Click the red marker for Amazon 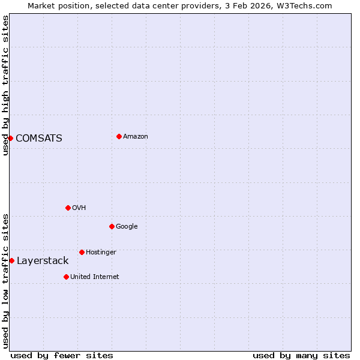pyautogui.click(x=119, y=136)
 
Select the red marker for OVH pyautogui.click(x=68, y=208)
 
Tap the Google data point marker pyautogui.click(x=112, y=226)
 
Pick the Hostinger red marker pyautogui.click(x=82, y=252)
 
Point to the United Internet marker pyautogui.click(x=66, y=277)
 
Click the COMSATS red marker pyautogui.click(x=10, y=138)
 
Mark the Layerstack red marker pyautogui.click(x=11, y=260)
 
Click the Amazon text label pyautogui.click(x=136, y=137)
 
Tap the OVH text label pyautogui.click(x=79, y=208)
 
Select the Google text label pyautogui.click(x=127, y=227)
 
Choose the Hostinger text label pyautogui.click(x=101, y=253)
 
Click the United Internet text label pyautogui.click(x=95, y=277)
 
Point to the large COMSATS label pyautogui.click(x=39, y=139)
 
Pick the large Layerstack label pyautogui.click(x=43, y=261)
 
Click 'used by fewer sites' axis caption pyautogui.click(x=62, y=355)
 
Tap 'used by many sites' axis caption pyautogui.click(x=301, y=355)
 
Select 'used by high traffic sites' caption pyautogui.click(x=5, y=85)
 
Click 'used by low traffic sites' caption pyautogui.click(x=5, y=281)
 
